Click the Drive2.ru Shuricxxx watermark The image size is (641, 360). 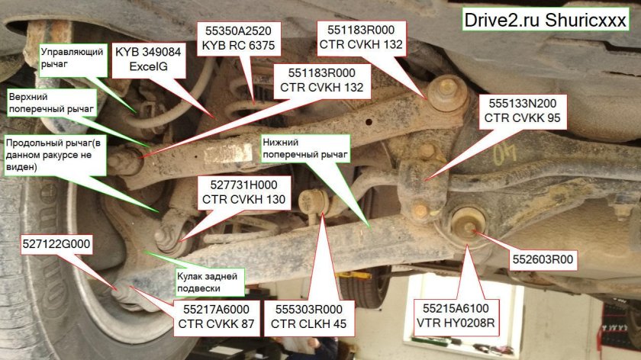[545, 20]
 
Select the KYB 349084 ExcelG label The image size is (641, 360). [148, 59]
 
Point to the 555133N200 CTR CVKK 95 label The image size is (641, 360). [522, 111]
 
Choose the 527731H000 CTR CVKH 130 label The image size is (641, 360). [243, 192]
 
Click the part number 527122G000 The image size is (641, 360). [56, 244]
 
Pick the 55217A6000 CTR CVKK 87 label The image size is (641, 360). [216, 317]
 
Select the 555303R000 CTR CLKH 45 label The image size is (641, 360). [308, 317]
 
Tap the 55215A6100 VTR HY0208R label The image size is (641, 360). [456, 316]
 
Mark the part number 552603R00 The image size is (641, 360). [543, 259]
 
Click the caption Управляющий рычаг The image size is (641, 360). [72, 59]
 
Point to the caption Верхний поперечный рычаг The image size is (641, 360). [52, 103]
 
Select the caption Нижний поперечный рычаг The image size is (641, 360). [305, 148]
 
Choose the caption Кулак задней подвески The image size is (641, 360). [210, 282]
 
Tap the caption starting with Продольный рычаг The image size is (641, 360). [55, 155]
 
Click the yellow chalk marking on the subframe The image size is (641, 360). [504, 156]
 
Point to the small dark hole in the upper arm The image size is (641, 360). [369, 122]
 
